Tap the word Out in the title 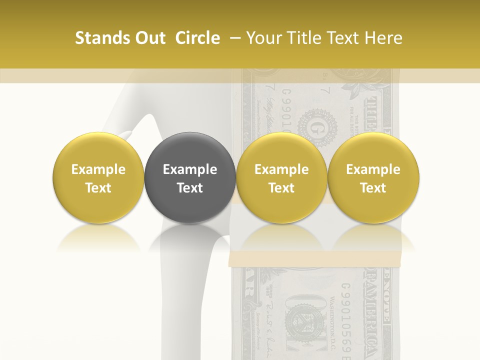point(148,38)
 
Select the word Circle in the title point(197,38)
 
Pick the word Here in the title point(383,38)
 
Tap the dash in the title point(233,38)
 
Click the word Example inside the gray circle point(189,169)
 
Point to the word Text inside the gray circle point(189,188)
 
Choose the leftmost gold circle point(98,177)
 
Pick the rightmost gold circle point(373,177)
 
